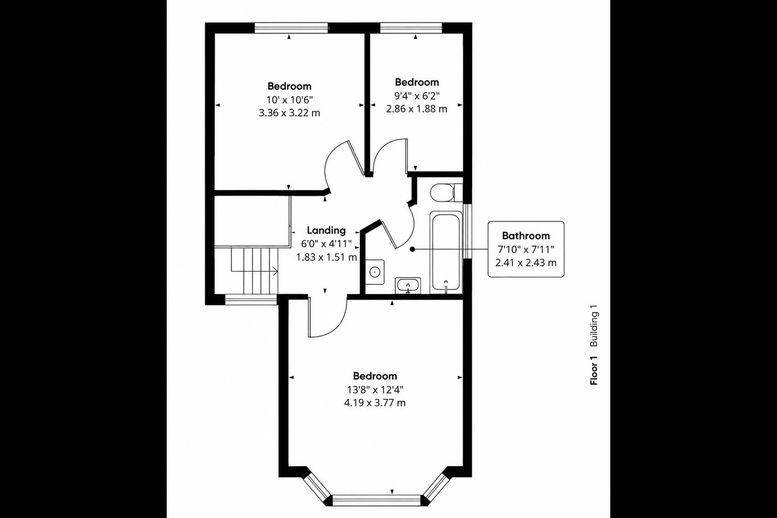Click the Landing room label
click(x=326, y=230)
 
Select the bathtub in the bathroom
click(x=446, y=252)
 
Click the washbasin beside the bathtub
click(x=408, y=286)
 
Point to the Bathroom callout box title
click(x=526, y=236)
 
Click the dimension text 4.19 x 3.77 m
click(x=374, y=403)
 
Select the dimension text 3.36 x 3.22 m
click(x=289, y=113)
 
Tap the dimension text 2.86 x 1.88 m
click(x=417, y=109)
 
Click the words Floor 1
click(x=594, y=370)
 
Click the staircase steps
click(x=255, y=271)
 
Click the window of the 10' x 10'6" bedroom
click(x=291, y=28)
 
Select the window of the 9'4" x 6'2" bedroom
click(x=411, y=28)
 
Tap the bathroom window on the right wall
click(x=468, y=231)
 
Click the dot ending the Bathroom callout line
click(x=412, y=249)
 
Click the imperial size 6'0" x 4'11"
click(x=326, y=244)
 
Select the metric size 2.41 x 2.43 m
click(x=526, y=263)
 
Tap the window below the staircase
click(x=251, y=300)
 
